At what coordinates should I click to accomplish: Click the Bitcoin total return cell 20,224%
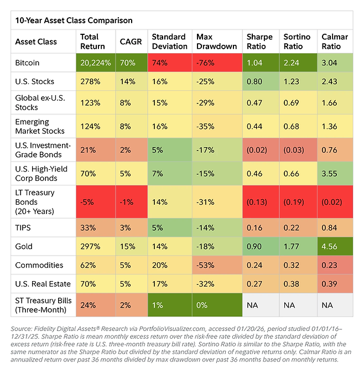(96, 63)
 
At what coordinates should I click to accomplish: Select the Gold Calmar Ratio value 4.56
(330, 246)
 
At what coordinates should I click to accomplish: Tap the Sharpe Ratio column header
(259, 41)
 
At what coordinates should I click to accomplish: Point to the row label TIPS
(24, 227)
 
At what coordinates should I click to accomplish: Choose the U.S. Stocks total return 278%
(90, 81)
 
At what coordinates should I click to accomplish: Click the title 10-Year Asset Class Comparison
(74, 20)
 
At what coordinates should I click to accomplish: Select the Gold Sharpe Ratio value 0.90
(255, 246)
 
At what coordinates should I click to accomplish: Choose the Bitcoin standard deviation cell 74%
(160, 63)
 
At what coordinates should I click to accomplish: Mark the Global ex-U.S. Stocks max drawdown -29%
(205, 105)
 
